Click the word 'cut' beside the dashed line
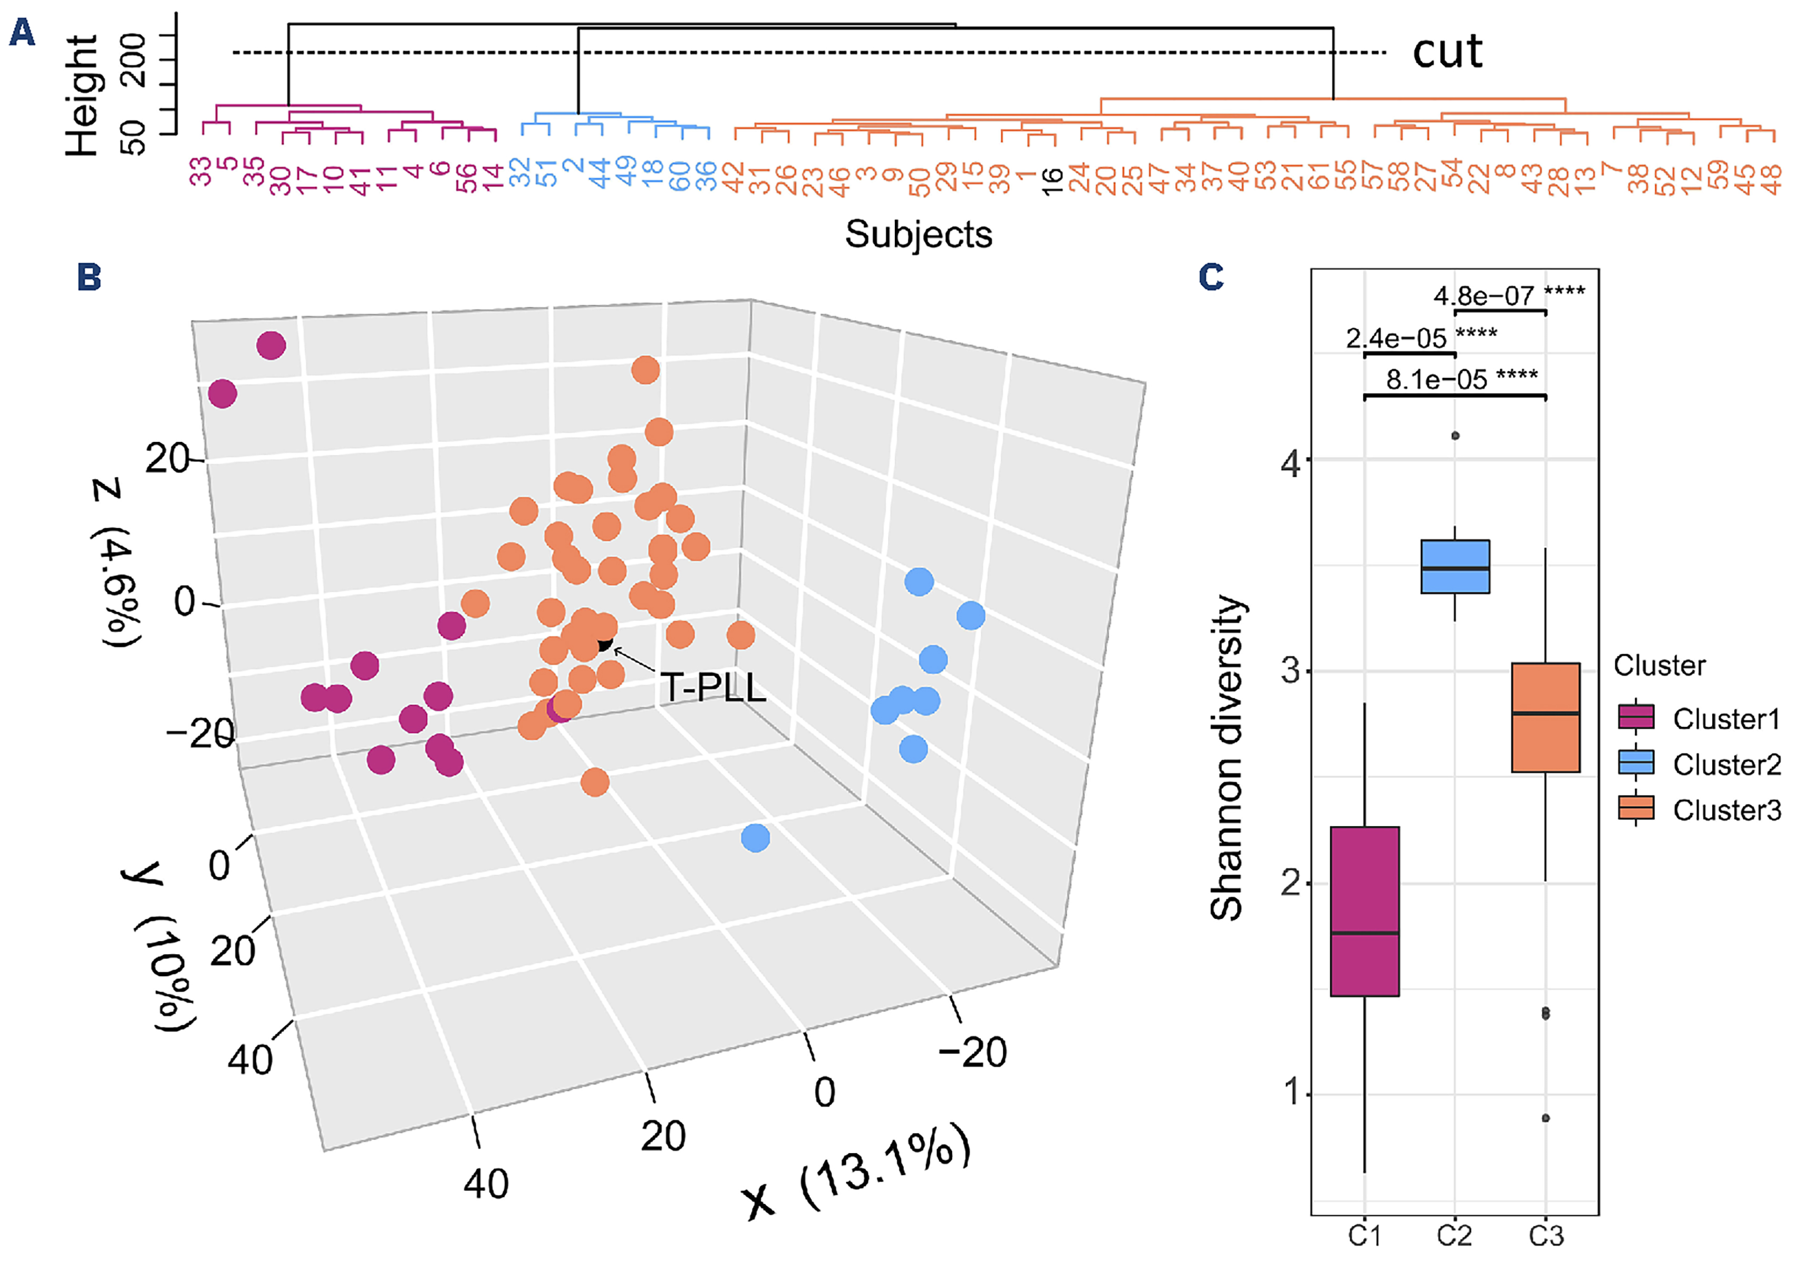point(1446,52)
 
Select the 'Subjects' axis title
point(918,234)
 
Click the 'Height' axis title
point(82,94)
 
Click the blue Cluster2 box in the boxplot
point(1455,566)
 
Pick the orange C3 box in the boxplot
point(1546,717)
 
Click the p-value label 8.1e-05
point(1436,380)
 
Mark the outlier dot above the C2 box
point(1455,435)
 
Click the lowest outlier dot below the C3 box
point(1546,1118)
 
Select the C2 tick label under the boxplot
point(1454,1236)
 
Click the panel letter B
point(89,277)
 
